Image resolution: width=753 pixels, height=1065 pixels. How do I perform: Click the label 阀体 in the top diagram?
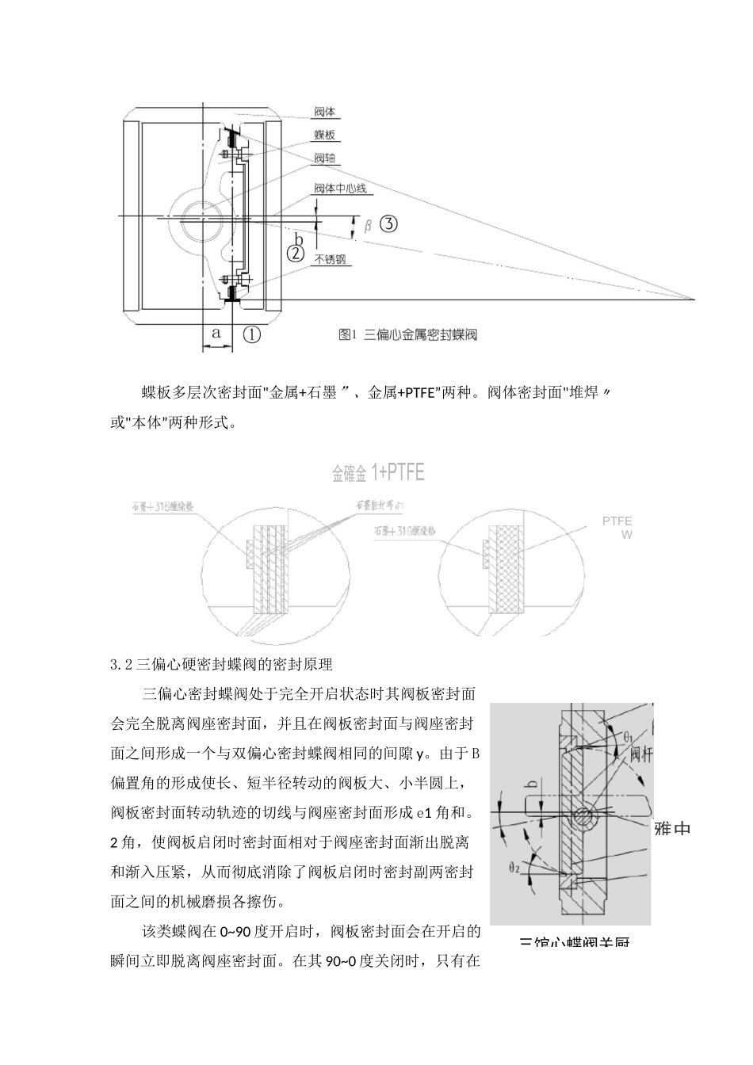325,112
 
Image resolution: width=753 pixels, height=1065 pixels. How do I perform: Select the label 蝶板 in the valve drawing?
326,136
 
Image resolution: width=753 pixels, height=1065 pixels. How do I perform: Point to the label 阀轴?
325,158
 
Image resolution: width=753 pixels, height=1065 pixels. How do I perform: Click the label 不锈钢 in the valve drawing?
331,259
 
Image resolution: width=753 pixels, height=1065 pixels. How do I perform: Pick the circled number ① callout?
251,334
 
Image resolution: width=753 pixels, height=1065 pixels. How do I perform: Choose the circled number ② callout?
295,254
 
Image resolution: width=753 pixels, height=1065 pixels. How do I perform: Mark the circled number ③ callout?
388,223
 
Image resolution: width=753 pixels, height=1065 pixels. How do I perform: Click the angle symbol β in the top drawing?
368,226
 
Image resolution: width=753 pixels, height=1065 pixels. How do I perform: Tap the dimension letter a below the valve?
216,333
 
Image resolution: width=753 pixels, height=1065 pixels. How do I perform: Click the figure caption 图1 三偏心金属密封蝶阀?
407,335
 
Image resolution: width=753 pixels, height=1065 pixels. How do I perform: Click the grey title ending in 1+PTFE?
378,473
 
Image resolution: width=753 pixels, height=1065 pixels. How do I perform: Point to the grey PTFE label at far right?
617,521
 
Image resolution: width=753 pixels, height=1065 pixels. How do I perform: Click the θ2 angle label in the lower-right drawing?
514,868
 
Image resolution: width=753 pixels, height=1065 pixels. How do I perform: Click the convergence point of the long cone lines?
694,300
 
